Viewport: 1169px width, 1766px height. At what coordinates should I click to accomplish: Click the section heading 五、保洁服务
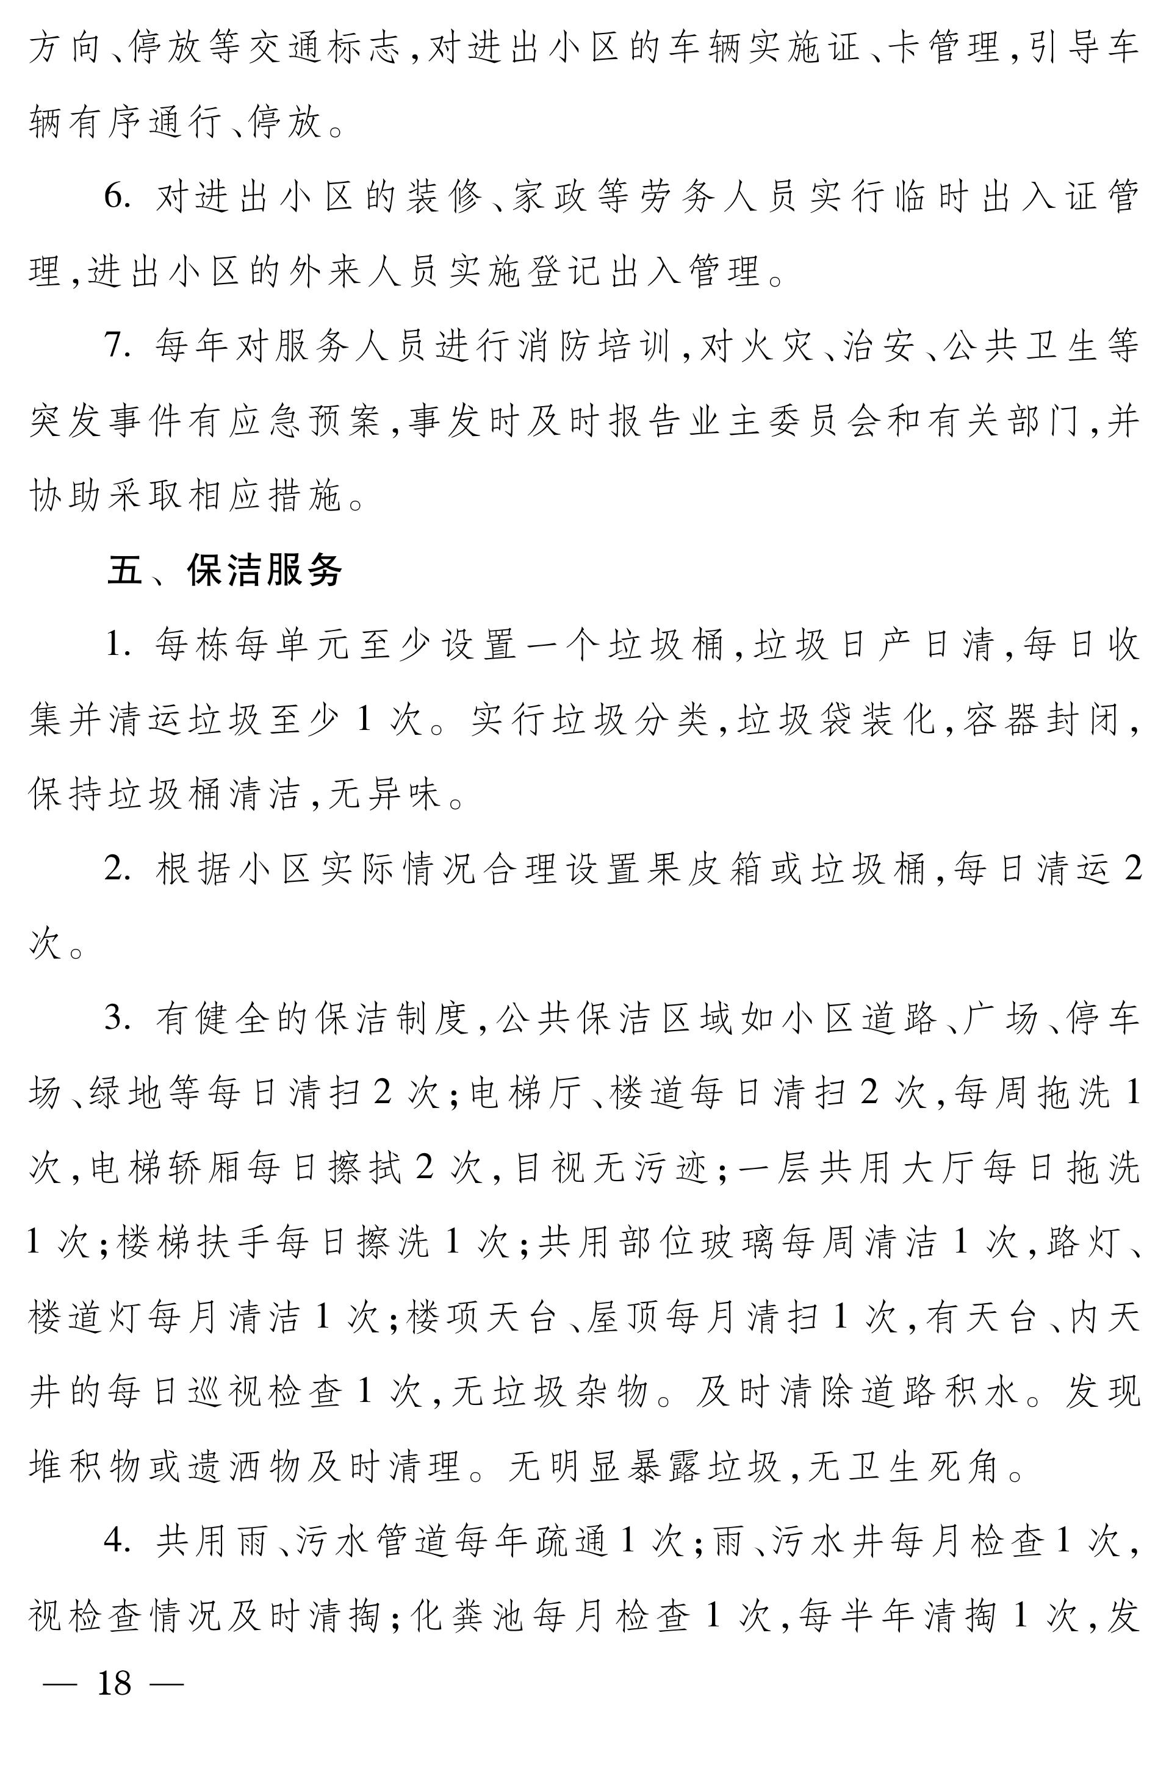(225, 571)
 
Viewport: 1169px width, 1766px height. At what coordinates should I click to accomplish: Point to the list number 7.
(117, 346)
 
